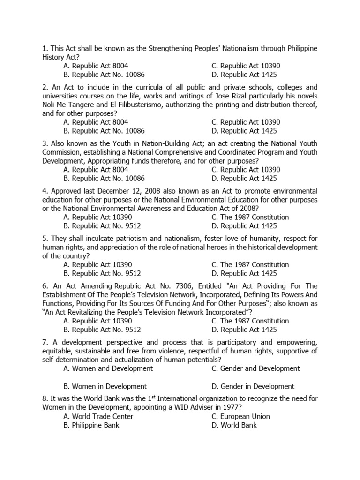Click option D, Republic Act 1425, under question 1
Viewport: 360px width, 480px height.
tap(244, 75)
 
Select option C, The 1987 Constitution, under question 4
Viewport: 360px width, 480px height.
tap(250, 217)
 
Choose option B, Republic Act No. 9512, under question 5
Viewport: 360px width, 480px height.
tap(102, 273)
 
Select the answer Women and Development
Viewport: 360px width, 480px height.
tap(108, 368)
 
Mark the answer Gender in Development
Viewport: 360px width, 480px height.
tap(253, 386)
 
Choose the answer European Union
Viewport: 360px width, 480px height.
tap(240, 416)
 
